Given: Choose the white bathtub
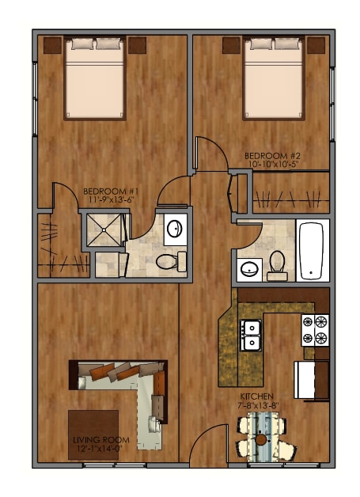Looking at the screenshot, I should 313,251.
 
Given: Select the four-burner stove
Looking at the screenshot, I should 313,331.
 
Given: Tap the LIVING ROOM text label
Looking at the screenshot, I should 94,440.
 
